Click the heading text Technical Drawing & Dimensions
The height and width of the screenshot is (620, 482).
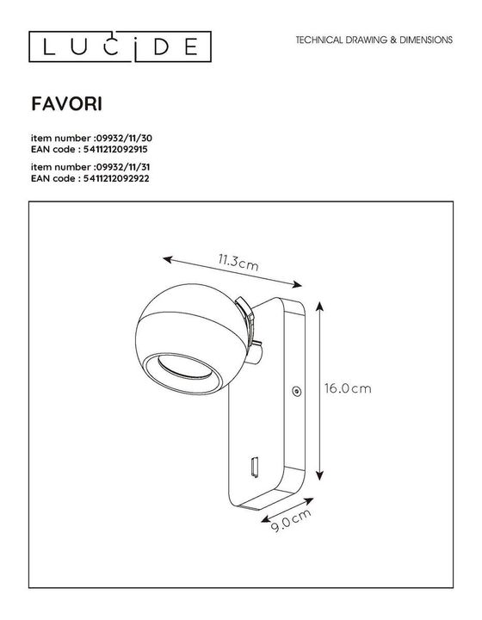(374, 40)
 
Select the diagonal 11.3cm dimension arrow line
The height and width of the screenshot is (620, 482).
(232, 271)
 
